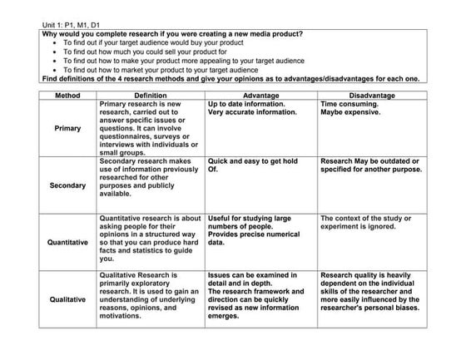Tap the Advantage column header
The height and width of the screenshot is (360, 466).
pos(260,95)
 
